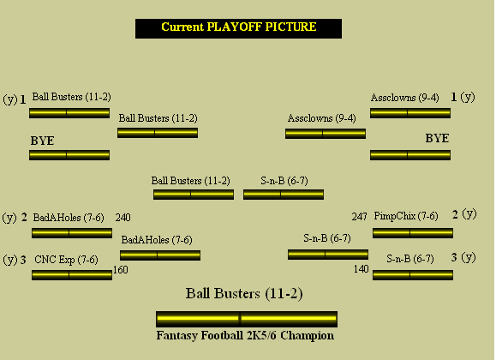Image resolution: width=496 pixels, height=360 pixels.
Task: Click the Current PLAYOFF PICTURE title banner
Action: [238, 28]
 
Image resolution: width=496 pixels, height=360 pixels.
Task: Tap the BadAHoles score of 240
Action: [123, 218]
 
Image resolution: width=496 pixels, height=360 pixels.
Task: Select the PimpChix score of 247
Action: [359, 217]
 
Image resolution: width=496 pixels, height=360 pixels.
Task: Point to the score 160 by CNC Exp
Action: [121, 270]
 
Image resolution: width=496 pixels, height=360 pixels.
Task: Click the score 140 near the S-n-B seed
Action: [362, 269]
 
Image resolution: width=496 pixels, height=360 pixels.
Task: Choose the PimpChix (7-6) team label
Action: [406, 216]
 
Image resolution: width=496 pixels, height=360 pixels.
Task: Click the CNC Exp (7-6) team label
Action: [66, 260]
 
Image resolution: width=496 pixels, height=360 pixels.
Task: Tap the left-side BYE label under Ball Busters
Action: [42, 141]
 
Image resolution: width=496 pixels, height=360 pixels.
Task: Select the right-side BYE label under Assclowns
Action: [437, 138]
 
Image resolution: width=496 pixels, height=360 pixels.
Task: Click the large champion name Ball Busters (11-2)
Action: [244, 293]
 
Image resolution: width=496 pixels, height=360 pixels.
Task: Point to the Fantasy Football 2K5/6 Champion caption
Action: [245, 335]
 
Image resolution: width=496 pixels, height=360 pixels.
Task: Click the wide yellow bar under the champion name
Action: [247, 319]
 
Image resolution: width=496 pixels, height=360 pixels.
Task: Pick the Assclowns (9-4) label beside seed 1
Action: [405, 98]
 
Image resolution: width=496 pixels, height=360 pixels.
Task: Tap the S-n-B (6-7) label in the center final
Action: [284, 181]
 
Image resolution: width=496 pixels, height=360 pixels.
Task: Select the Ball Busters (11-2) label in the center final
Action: [191, 181]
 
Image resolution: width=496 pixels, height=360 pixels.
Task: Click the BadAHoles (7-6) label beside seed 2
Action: [69, 218]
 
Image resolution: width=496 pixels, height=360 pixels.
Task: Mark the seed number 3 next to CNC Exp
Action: [23, 260]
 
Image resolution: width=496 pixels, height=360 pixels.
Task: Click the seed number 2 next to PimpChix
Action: [455, 214]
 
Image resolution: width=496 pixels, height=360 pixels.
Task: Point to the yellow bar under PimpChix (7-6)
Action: [413, 233]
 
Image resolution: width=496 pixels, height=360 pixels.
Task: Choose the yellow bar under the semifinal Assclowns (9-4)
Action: [326, 134]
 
